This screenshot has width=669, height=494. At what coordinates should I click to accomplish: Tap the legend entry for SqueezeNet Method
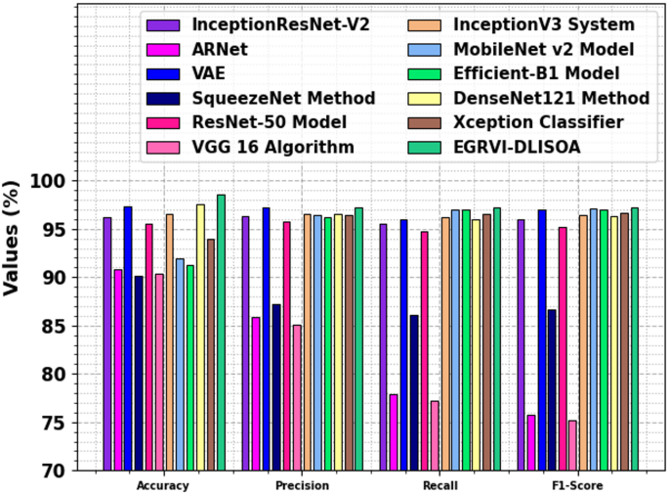tap(284, 97)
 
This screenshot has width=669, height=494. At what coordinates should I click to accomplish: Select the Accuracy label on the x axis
tap(163, 485)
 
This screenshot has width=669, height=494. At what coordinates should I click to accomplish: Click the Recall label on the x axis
tap(442, 485)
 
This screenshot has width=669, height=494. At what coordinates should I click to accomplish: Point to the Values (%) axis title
tap(13, 240)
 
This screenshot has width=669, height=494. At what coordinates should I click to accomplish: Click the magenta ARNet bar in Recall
tap(394, 431)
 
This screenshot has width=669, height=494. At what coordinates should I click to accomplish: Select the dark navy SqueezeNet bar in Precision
tap(276, 386)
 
